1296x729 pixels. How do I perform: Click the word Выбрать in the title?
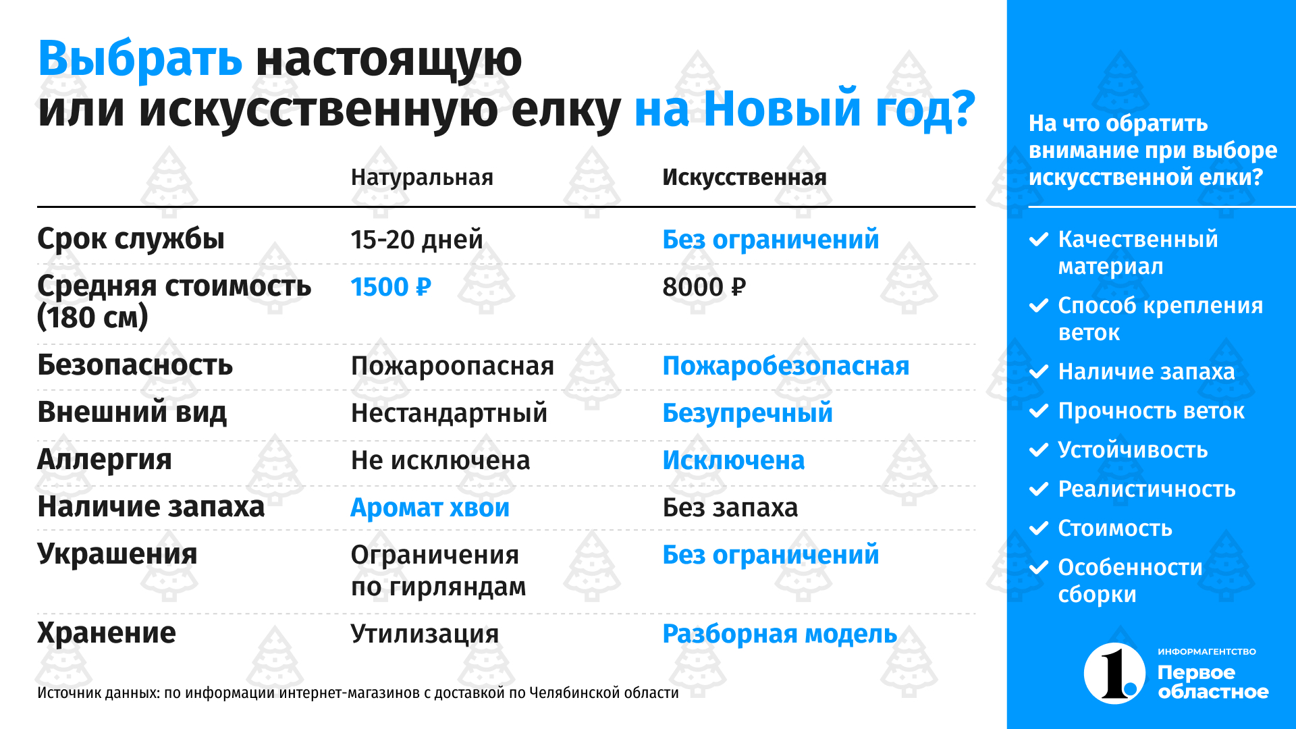140,59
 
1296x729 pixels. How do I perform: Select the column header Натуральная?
422,177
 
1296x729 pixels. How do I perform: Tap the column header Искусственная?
744,177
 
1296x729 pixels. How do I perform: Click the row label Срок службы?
131,239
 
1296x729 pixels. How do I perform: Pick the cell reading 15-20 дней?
416,240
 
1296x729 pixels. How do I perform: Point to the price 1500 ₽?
391,287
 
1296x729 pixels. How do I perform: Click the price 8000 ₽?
704,287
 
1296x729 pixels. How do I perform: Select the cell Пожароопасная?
452,366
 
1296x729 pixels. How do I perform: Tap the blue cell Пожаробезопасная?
786,366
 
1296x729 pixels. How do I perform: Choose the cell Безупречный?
747,413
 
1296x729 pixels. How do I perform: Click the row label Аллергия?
105,460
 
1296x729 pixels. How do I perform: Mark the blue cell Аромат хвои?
430,508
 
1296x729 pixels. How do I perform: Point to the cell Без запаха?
730,508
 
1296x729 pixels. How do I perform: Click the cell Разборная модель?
780,634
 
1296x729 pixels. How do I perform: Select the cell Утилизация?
425,634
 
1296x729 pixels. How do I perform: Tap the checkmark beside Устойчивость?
1038,450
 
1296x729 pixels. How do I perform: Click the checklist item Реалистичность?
1147,489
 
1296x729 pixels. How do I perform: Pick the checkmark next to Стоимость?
1038,529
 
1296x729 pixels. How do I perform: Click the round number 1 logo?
1114,674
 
